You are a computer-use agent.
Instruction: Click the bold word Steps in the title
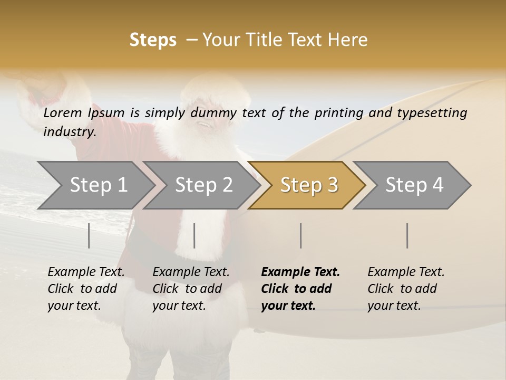pos(153,40)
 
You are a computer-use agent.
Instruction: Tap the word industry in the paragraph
pos(69,131)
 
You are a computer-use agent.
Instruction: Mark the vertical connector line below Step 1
pos(89,235)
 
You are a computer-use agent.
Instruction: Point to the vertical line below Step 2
pos(194,235)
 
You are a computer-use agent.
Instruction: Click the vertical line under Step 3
pos(301,235)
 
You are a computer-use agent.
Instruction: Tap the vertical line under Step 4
pos(407,235)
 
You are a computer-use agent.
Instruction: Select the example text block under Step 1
pos(86,289)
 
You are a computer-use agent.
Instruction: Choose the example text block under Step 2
pos(191,289)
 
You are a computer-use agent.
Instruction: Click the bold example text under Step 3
pos(300,289)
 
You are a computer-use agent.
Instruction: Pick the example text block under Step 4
pos(406,289)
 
